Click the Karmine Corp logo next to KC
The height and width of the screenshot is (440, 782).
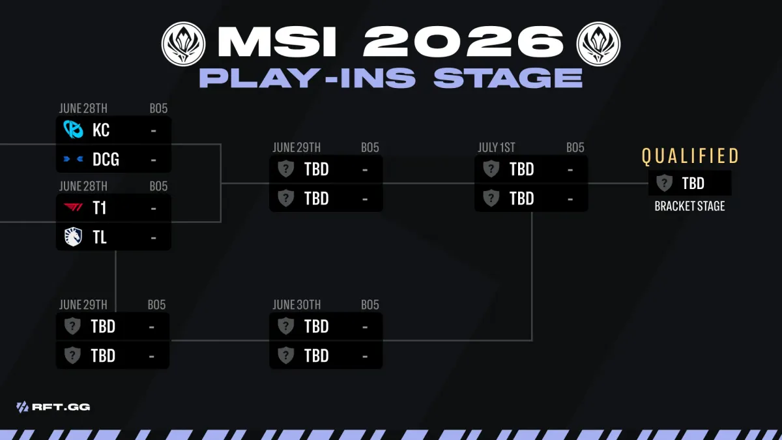(x=73, y=130)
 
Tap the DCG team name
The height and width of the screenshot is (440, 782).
(x=106, y=159)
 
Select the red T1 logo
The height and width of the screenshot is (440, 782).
(x=73, y=207)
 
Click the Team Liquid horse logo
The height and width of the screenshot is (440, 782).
(x=73, y=237)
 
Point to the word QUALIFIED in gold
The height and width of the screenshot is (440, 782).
(x=690, y=156)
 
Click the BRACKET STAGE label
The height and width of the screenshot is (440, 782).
(x=689, y=206)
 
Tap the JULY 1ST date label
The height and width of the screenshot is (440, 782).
(x=496, y=147)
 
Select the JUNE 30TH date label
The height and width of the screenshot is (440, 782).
(x=297, y=305)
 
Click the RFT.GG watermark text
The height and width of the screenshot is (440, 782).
(x=61, y=407)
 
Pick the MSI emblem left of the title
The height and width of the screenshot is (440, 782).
(x=183, y=44)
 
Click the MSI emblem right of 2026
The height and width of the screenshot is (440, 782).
(x=598, y=44)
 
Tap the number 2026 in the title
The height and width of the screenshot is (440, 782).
(x=463, y=42)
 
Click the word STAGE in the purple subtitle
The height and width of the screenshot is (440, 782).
(x=508, y=78)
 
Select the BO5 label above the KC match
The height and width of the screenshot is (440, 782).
(x=158, y=108)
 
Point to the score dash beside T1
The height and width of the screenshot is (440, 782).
(x=153, y=209)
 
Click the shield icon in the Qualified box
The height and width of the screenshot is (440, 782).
(x=664, y=183)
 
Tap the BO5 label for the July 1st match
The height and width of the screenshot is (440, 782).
(x=575, y=147)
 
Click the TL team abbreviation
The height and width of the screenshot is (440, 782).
(x=100, y=237)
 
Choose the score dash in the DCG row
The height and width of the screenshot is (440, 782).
(x=153, y=160)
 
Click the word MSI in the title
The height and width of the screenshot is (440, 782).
(x=277, y=42)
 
